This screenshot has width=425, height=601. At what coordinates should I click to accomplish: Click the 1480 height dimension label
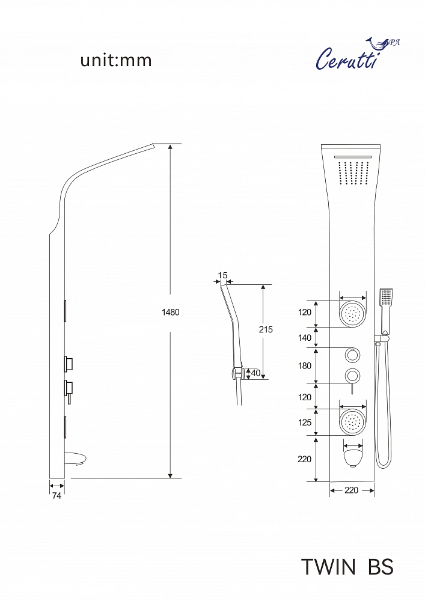pos(171,312)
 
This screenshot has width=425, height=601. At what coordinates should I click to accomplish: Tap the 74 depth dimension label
pos(57,496)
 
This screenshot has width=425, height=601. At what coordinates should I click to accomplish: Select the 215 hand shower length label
pos(266,329)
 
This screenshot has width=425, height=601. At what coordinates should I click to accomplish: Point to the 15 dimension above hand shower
pos(222,275)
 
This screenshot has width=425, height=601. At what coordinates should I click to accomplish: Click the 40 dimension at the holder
pos(255,373)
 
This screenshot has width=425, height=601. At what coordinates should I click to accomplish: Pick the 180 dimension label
pos(305,365)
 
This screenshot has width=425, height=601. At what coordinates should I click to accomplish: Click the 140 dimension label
pos(305,338)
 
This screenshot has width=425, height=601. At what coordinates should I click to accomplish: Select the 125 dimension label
pos(305,423)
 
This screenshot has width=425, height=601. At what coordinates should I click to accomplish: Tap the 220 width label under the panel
pos(352,490)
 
